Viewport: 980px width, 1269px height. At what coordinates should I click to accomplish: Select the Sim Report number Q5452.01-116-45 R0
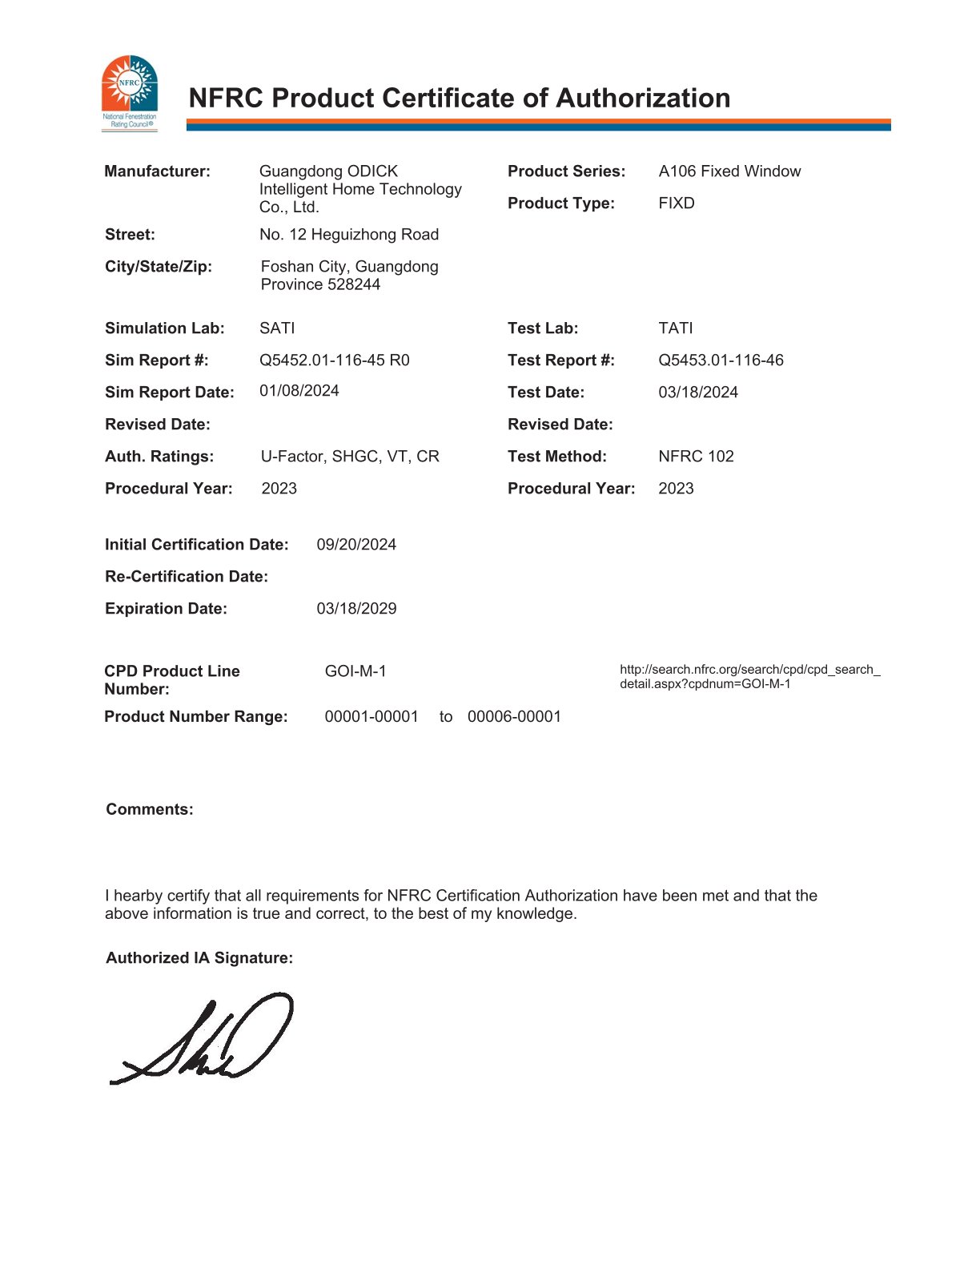point(334,361)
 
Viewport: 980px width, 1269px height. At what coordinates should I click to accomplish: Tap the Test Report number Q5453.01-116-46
point(721,361)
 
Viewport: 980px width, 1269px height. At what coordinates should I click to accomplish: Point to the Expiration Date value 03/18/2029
point(356,609)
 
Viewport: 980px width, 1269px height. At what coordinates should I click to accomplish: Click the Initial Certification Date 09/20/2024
point(356,545)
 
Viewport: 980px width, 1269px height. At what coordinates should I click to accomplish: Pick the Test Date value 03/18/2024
point(698,393)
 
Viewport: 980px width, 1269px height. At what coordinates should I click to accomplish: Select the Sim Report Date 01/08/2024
point(299,391)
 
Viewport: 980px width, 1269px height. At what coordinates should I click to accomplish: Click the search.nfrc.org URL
point(749,676)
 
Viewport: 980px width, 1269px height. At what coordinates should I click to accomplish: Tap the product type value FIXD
point(677,203)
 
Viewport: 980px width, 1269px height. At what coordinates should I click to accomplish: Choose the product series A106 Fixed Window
point(729,171)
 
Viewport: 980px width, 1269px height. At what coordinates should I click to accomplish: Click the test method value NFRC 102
point(696,457)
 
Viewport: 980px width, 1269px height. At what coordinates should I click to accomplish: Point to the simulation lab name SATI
point(277,328)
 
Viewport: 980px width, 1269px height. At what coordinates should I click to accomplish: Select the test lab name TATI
point(676,328)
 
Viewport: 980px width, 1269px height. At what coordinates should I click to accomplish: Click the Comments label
point(150,810)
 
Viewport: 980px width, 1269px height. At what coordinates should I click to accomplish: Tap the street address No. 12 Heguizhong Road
point(349,235)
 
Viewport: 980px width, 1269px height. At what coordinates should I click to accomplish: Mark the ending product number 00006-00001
point(514,717)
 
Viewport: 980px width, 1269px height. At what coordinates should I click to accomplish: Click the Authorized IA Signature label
point(199,958)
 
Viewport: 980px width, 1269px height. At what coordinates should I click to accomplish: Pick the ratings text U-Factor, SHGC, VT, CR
point(350,457)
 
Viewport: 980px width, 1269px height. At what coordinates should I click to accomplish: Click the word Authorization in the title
point(642,99)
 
